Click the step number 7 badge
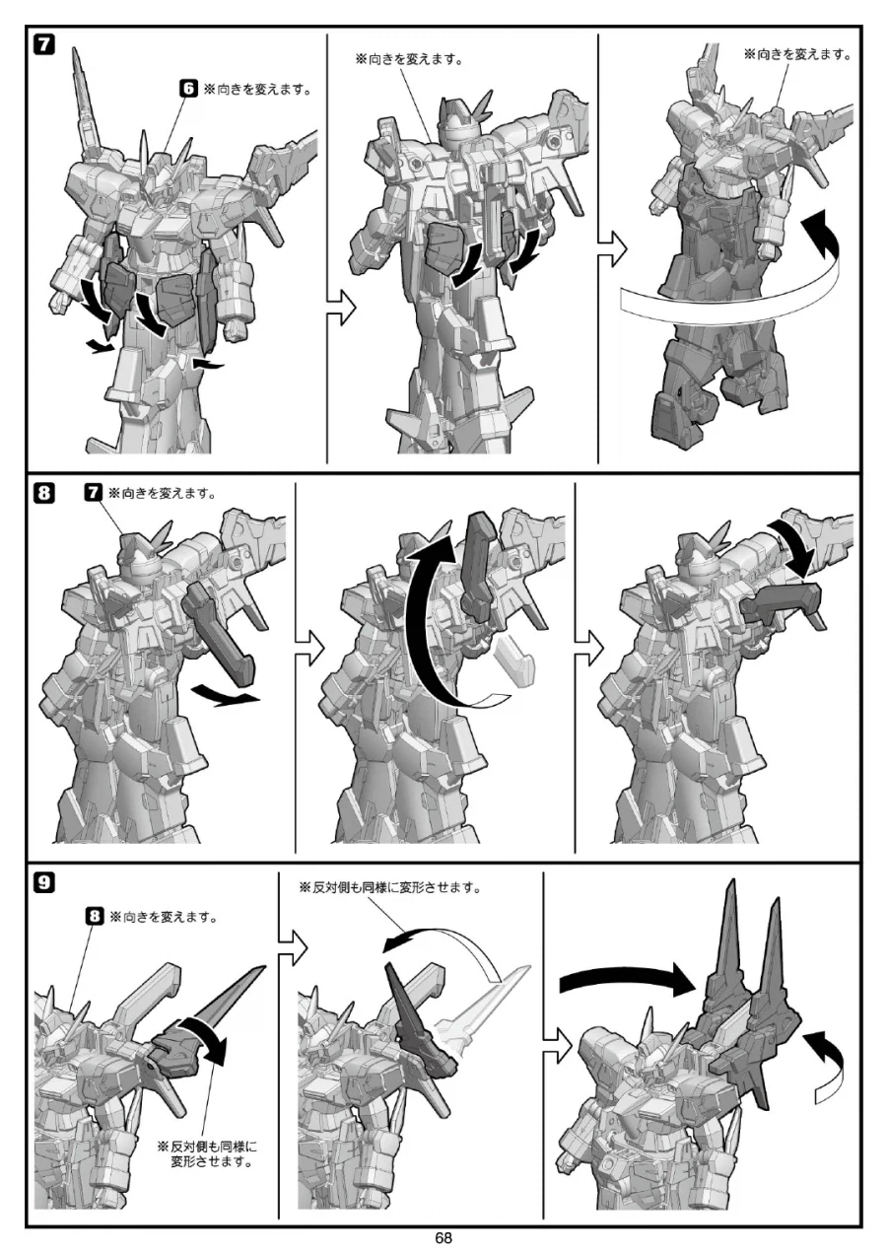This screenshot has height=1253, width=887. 44,44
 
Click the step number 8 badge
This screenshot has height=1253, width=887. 44,493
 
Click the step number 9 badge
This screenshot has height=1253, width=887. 44,882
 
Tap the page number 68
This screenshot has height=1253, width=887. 443,1237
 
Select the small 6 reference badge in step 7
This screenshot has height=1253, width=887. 188,89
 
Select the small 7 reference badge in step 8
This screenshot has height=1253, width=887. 93,492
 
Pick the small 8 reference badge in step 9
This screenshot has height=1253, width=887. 95,917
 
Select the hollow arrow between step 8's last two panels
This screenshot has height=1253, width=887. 588,649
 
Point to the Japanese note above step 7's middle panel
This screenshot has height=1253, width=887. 409,59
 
